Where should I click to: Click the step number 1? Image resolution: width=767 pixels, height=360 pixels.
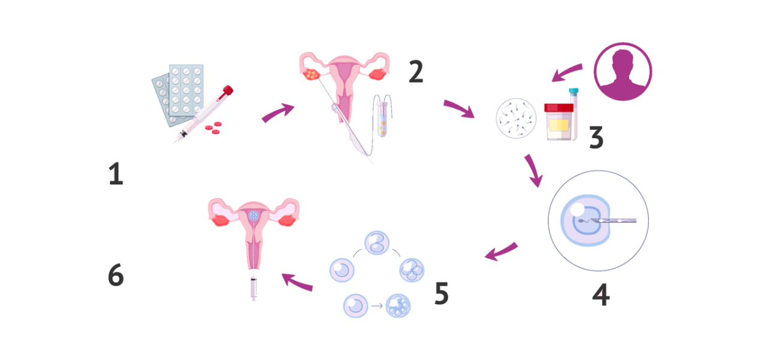(116, 174)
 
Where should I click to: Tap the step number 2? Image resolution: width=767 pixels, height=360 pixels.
(416, 71)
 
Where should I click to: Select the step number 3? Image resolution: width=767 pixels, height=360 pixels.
(596, 137)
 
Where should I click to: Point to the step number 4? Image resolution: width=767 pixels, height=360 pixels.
(601, 294)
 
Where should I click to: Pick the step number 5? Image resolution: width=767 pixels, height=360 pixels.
(442, 293)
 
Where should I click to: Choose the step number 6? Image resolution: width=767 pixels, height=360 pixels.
(116, 274)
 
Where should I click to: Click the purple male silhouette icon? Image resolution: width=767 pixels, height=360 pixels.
(623, 71)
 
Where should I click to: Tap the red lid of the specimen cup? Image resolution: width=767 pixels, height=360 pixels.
(559, 107)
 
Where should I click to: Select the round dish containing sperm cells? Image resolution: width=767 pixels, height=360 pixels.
(516, 119)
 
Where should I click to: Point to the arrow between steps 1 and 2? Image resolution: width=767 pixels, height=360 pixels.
(278, 112)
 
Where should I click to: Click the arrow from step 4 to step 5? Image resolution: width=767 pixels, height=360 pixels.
(502, 252)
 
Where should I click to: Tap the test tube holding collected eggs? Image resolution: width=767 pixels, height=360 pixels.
(382, 119)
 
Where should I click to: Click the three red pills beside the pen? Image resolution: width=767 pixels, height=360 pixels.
(213, 128)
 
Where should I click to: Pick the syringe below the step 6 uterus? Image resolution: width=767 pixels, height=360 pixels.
(253, 288)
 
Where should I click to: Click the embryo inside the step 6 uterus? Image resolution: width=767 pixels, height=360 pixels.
(253, 216)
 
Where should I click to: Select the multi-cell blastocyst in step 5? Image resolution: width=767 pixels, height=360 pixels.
(398, 305)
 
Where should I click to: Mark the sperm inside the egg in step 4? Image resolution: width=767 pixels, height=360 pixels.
(586, 221)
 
